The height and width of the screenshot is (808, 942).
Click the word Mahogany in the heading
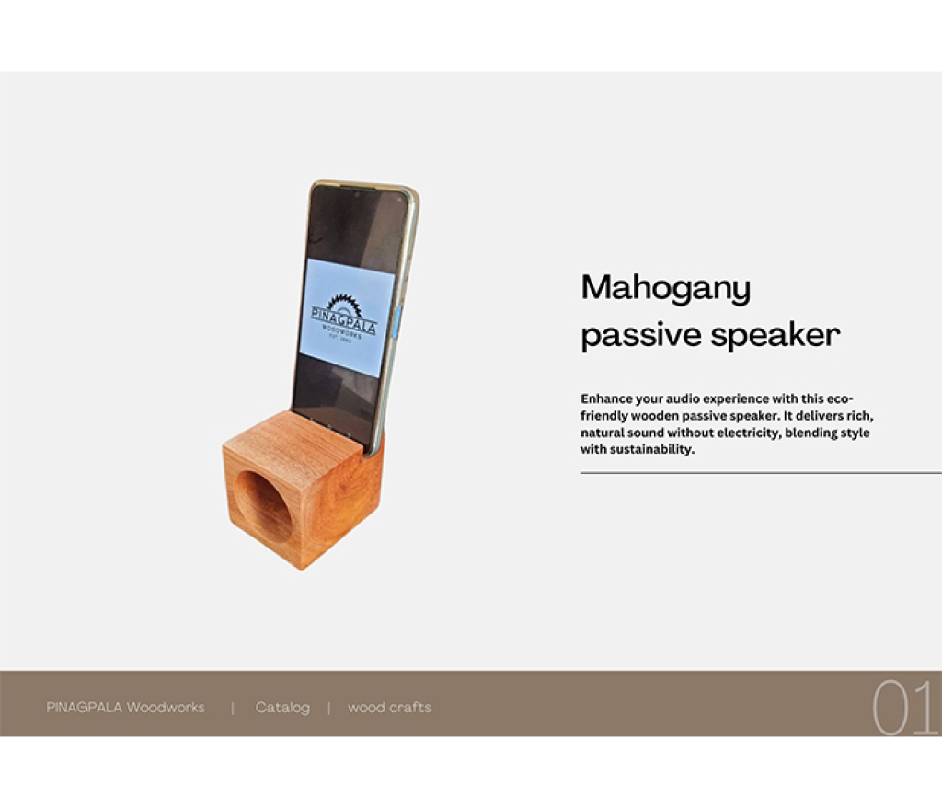coord(666,290)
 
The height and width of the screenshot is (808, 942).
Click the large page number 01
coord(904,708)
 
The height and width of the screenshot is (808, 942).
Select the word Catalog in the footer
coord(282,708)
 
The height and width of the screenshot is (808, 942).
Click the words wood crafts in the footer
coord(389,708)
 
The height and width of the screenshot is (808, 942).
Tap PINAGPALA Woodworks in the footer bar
coord(125,708)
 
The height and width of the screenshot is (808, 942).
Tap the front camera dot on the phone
coord(357,195)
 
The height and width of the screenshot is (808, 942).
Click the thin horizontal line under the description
coord(761,473)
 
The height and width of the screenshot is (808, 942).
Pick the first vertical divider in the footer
coord(233,709)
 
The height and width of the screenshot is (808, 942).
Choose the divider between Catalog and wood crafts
coord(328,709)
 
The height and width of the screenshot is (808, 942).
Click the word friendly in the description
coord(603,416)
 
